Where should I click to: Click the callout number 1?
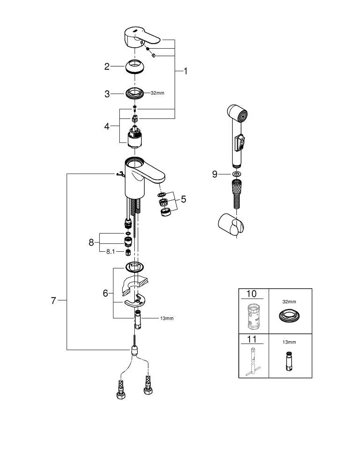(x=185, y=71)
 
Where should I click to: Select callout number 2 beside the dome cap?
(x=107, y=66)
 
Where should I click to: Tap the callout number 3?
(x=107, y=94)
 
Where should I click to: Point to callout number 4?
(x=107, y=126)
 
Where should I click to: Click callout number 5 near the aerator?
(x=184, y=199)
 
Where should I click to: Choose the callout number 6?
(x=106, y=293)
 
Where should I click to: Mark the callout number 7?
(x=54, y=300)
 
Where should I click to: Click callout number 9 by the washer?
(x=215, y=174)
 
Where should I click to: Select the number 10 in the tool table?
(x=251, y=294)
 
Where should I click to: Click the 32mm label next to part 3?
(x=157, y=93)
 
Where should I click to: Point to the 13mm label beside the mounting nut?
(x=167, y=318)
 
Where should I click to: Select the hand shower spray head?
(x=237, y=115)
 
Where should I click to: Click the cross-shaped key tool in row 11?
(x=253, y=360)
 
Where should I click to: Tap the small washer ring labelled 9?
(x=236, y=174)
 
